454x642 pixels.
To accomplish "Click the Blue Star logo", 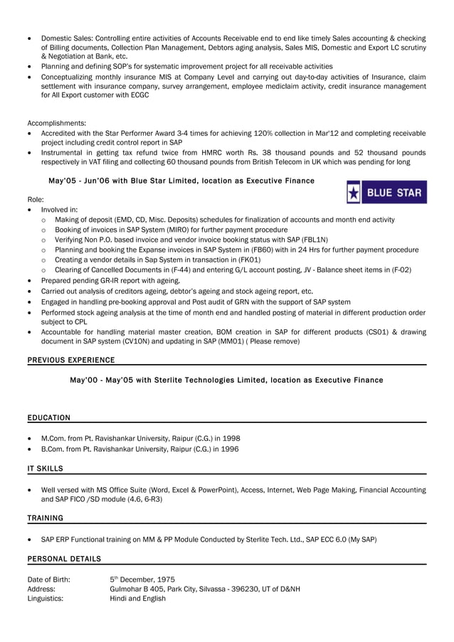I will click(386, 192).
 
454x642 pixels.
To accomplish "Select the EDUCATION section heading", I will click(48, 417).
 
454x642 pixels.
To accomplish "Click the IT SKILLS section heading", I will click(45, 469).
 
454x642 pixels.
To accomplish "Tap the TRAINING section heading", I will click(45, 518).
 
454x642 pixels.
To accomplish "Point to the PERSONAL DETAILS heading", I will click(64, 559).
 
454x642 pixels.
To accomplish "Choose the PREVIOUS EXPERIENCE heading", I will click(70, 360).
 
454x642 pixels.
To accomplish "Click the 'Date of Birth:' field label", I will click(48, 579).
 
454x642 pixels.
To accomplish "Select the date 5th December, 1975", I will click(142, 579).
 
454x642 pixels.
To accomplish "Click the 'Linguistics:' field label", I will click(45, 599).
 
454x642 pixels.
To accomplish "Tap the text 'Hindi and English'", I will click(137, 599).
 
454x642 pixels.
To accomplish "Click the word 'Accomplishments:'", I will click(56, 123).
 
